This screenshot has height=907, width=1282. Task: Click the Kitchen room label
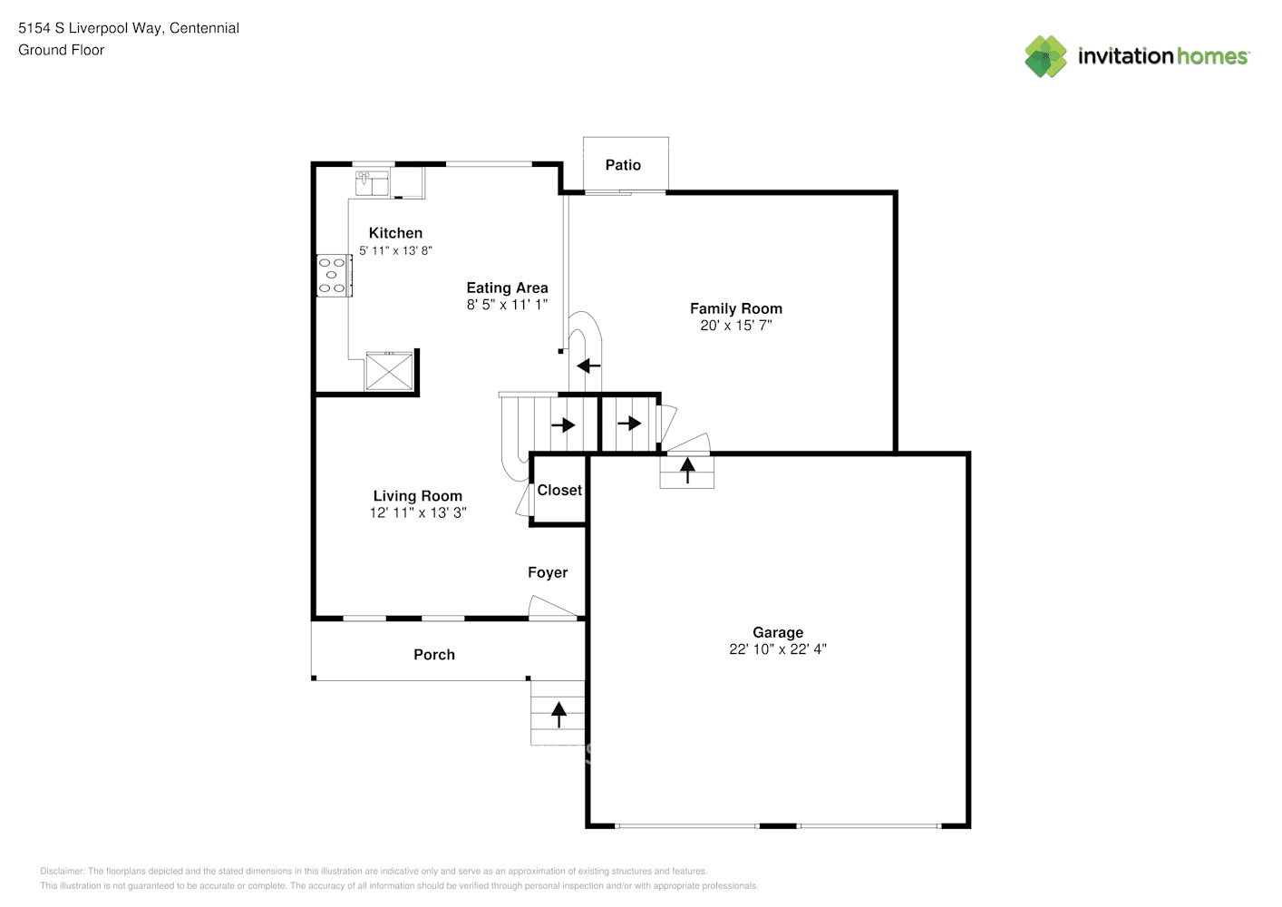pos(395,233)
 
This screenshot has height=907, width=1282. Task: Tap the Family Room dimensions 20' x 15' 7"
pos(735,326)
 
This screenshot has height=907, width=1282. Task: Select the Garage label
pos(777,632)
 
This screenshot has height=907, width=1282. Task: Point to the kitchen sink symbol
pos(372,182)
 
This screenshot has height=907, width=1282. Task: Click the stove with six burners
pos(334,276)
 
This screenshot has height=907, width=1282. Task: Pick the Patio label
pos(623,165)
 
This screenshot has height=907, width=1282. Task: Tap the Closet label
pos(559,490)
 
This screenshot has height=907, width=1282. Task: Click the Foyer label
pos(548,572)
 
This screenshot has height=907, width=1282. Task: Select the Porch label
pos(434,655)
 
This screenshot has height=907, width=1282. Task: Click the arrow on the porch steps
pos(558,714)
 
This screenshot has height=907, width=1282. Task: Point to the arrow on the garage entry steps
pos(687,470)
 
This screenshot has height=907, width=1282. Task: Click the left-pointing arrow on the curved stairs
pos(588,366)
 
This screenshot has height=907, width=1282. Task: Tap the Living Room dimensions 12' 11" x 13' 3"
pos(418,512)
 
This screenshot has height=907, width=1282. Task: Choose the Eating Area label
pos(507,288)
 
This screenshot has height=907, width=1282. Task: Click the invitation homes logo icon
pos(1045,56)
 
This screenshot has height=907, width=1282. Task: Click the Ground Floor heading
pos(61,50)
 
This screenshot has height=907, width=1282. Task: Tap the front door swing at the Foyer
pos(552,609)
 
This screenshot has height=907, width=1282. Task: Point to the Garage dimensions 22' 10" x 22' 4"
pos(777,649)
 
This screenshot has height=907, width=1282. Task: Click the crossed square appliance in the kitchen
pos(389,372)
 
